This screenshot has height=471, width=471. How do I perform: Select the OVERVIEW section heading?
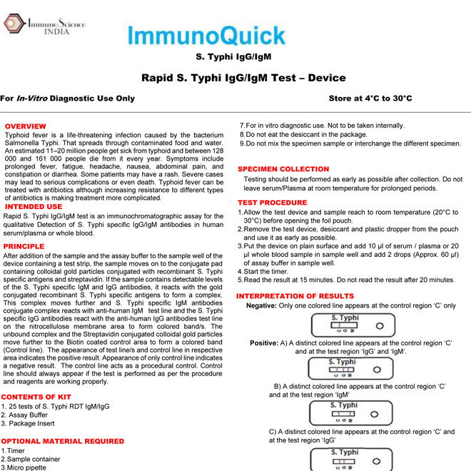coord(26,126)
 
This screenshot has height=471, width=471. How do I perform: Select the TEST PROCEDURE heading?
coord(272,203)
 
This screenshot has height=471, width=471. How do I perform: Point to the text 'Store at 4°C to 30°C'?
coord(370,98)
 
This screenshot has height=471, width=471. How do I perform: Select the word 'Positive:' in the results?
coord(264,343)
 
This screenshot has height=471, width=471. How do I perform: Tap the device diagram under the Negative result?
coord(353,325)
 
